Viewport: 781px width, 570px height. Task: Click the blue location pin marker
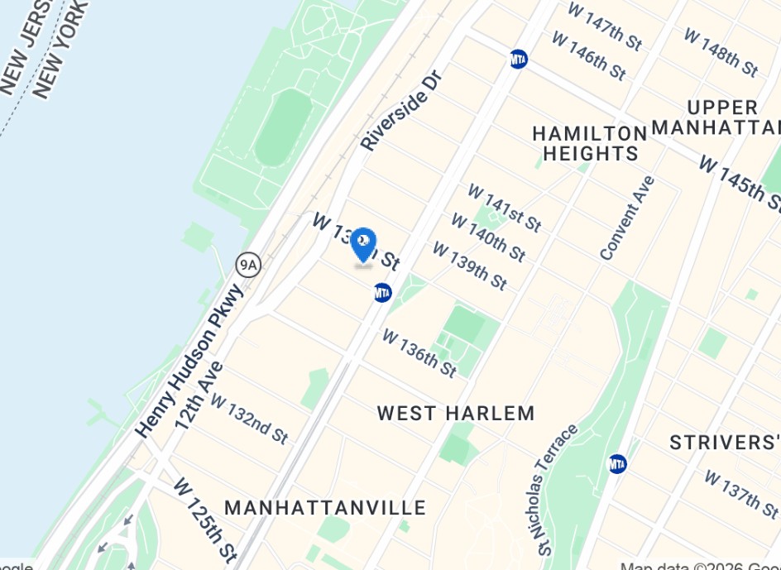pyautogui.click(x=363, y=245)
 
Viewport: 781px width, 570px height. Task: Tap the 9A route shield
pyautogui.click(x=248, y=265)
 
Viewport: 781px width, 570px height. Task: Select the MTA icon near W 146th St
pyautogui.click(x=518, y=59)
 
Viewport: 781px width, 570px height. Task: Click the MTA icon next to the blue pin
pyautogui.click(x=381, y=292)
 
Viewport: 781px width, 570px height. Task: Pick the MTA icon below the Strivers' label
pyautogui.click(x=617, y=464)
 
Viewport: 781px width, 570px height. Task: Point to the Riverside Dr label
pyautogui.click(x=403, y=111)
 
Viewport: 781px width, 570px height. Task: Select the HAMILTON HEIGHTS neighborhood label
pyautogui.click(x=590, y=143)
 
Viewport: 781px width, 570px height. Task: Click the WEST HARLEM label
pyautogui.click(x=456, y=413)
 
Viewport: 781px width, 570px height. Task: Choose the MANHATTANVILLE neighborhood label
pyautogui.click(x=325, y=507)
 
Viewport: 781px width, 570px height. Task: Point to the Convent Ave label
pyautogui.click(x=627, y=218)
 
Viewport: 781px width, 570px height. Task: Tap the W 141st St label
pyautogui.click(x=504, y=207)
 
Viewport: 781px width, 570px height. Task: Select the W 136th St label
pyautogui.click(x=419, y=352)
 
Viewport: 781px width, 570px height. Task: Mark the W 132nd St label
pyautogui.click(x=248, y=418)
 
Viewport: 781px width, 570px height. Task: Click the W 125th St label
pyautogui.click(x=205, y=520)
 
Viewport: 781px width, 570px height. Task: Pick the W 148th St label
pyautogui.click(x=721, y=51)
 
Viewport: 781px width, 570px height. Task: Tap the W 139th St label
pyautogui.click(x=469, y=266)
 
